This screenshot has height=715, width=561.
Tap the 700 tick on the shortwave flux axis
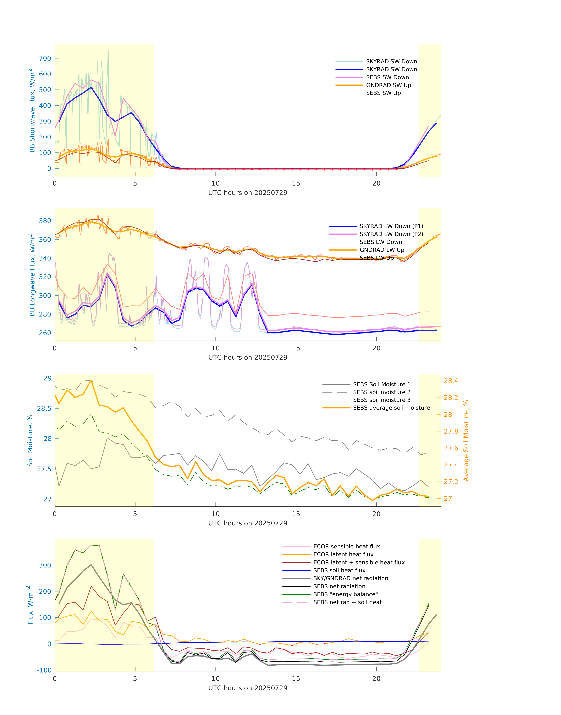click(x=45, y=59)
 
